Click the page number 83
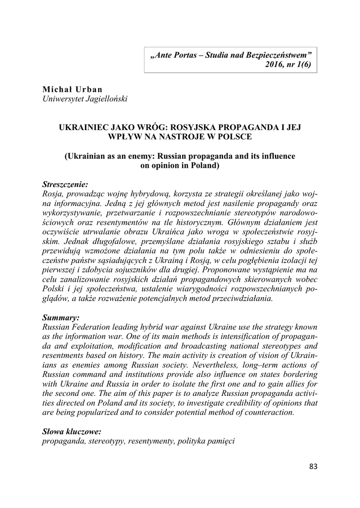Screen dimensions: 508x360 coord(312,466)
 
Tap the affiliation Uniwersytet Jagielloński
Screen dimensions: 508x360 coord(85,99)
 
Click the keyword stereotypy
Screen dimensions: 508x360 coord(111,442)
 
